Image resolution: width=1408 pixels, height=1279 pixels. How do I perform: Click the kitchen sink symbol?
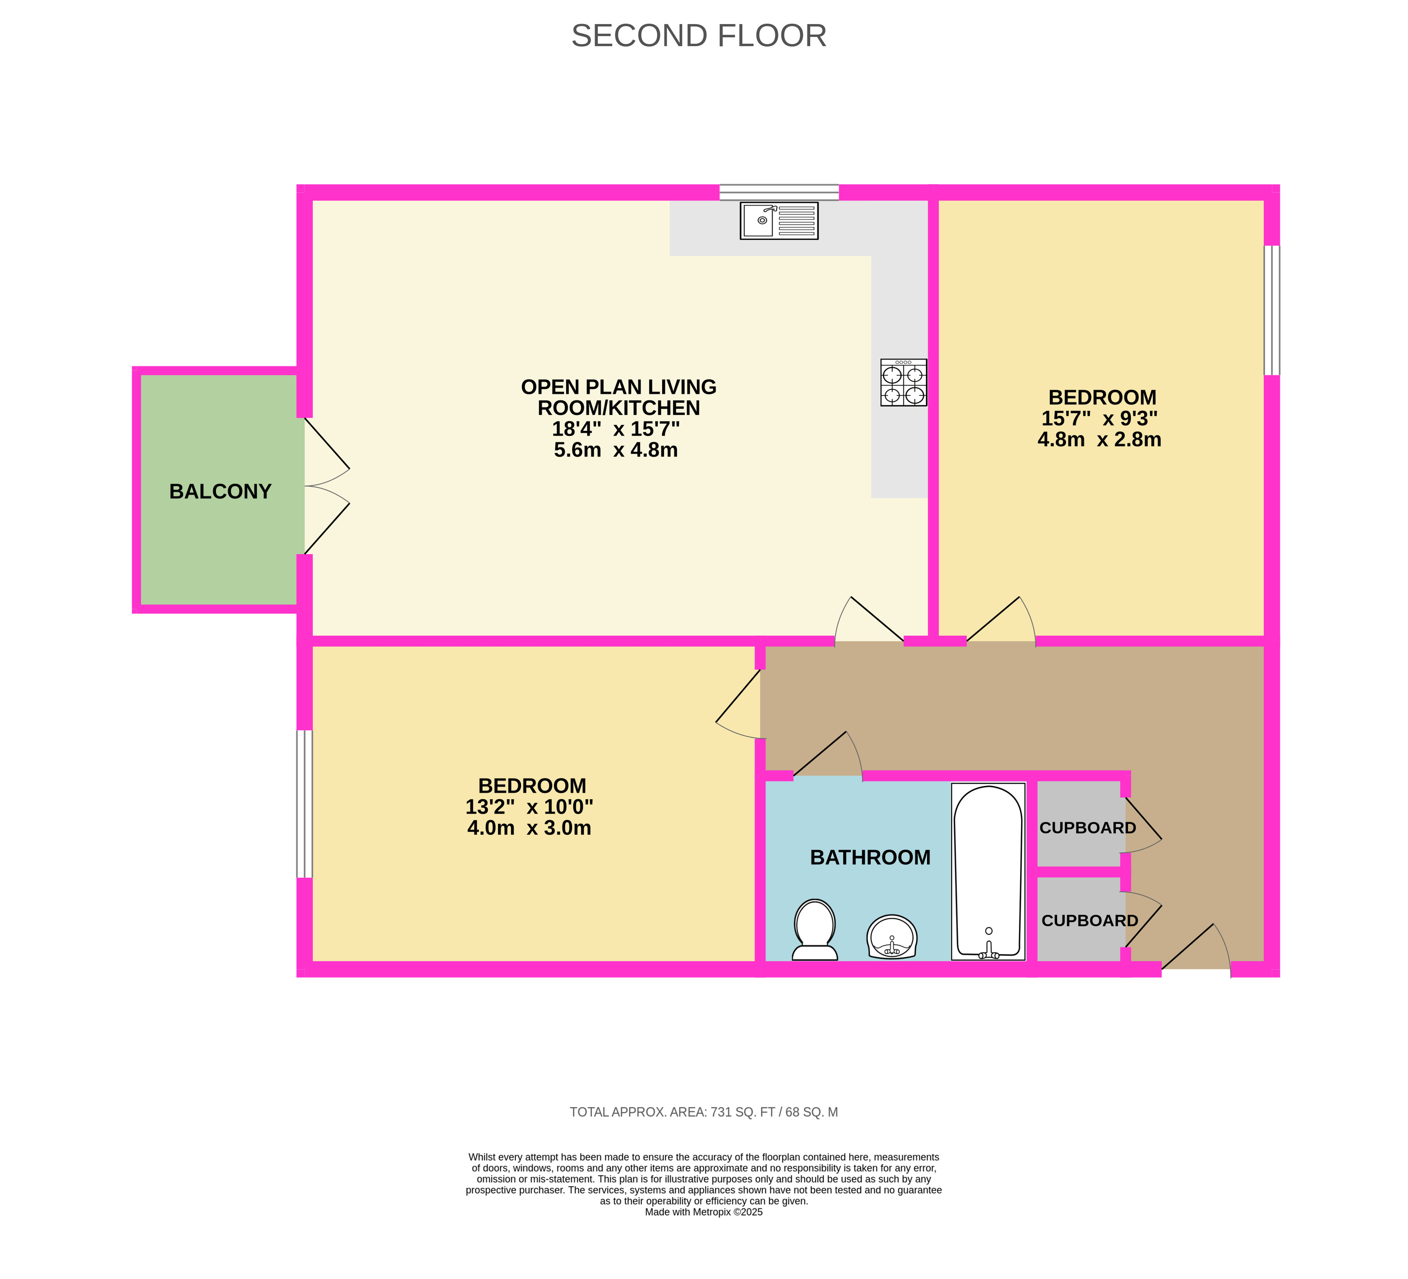point(779,221)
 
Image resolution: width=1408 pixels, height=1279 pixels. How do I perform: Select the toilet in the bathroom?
point(815,930)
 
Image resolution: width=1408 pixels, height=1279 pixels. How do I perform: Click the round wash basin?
point(892,937)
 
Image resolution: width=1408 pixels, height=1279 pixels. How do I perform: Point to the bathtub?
point(988,871)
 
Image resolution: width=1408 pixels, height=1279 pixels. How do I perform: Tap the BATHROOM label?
point(870,857)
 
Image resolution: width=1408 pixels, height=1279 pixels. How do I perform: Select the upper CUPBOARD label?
point(1088,828)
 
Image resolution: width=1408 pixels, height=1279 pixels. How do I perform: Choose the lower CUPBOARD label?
point(1090,921)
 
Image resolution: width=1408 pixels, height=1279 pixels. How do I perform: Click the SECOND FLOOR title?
point(699,36)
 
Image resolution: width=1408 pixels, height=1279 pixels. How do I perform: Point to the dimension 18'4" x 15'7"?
point(616,429)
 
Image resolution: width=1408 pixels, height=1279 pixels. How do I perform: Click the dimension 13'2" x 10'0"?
point(530,807)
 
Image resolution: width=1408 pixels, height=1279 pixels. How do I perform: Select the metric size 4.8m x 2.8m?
point(1099,440)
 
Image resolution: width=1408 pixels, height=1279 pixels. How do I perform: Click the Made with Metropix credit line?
point(704,1212)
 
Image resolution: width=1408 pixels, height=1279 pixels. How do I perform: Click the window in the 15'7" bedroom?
point(1272,310)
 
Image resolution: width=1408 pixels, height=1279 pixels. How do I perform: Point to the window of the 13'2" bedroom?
point(304,803)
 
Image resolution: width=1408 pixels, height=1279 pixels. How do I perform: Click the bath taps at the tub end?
point(988,950)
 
